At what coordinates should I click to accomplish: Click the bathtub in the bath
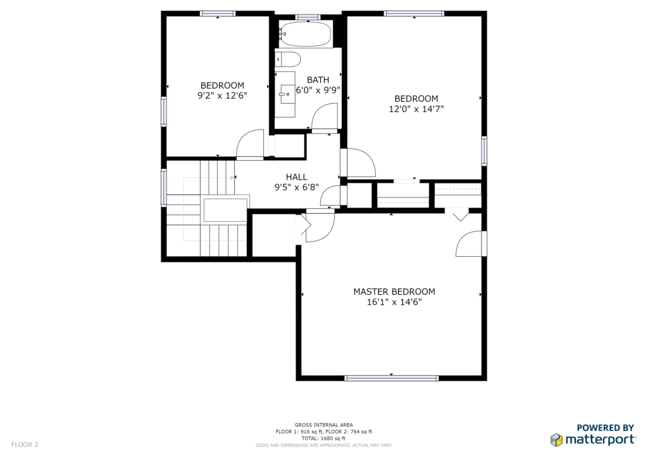[305, 34]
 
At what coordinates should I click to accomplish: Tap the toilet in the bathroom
[288, 59]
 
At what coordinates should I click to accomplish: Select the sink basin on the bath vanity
[285, 94]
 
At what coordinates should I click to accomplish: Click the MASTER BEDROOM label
[394, 292]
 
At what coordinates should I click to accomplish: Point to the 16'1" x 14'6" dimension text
[394, 302]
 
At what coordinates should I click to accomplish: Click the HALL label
[296, 176]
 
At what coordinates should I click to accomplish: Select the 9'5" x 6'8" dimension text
[296, 187]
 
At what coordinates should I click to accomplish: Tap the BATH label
[318, 80]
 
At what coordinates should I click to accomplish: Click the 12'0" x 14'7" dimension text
[416, 109]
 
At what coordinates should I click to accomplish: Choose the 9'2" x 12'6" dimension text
[222, 96]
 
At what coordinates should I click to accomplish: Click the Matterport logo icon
[556, 440]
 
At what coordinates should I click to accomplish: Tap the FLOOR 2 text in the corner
[25, 445]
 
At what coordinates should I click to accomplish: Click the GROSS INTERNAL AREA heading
[323, 425]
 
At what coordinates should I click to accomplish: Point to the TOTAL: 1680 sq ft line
[323, 438]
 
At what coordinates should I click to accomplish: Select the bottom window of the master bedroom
[391, 378]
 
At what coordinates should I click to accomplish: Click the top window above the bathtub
[308, 17]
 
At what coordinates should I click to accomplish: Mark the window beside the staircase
[164, 188]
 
